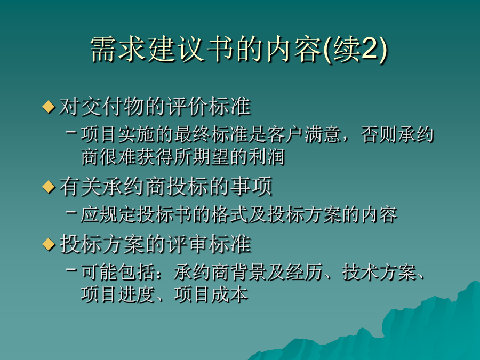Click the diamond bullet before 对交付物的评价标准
click(x=49, y=107)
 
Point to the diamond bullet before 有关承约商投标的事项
click(x=49, y=187)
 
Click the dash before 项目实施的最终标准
click(x=71, y=132)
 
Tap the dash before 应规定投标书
click(x=71, y=212)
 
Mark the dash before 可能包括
click(x=71, y=269)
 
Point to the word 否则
click(x=379, y=135)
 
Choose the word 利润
click(x=266, y=157)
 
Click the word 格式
click(x=229, y=214)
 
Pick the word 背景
click(x=248, y=272)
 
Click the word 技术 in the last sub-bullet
click(x=361, y=272)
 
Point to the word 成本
click(x=229, y=294)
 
